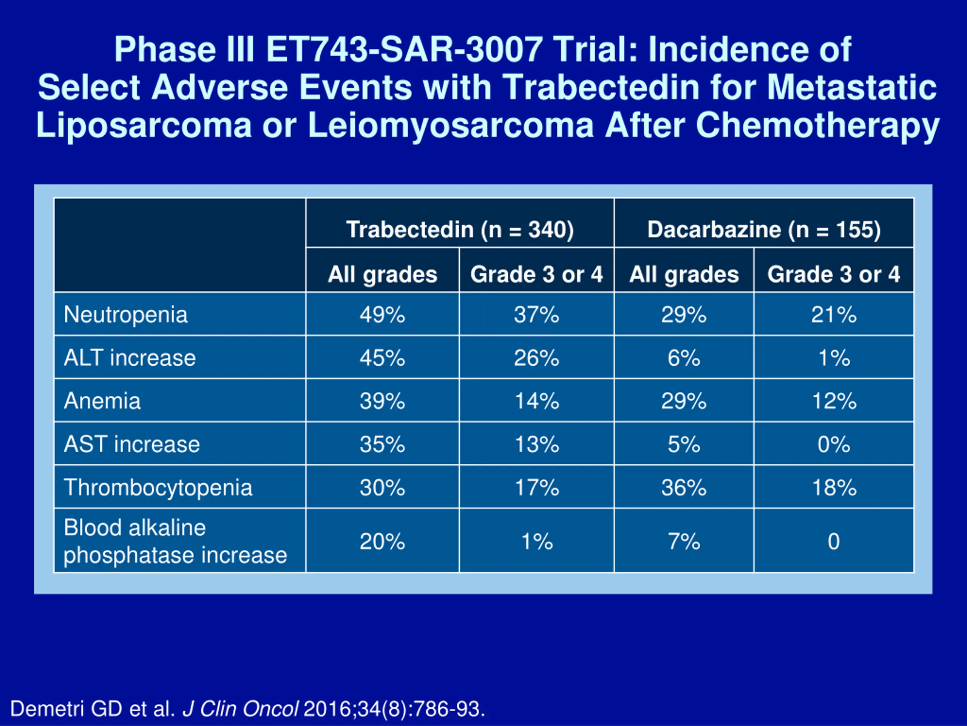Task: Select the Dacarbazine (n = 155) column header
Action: point(764,230)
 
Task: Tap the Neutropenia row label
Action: point(125,315)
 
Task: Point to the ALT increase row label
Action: point(130,358)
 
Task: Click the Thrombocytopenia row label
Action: point(158,487)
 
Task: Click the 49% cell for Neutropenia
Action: point(382,315)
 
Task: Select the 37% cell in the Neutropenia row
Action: point(536,315)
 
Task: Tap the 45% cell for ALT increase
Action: point(382,358)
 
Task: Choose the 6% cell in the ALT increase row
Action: point(684,358)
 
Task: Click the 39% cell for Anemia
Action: point(382,401)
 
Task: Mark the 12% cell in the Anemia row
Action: point(834,401)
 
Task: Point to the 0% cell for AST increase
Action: point(834,444)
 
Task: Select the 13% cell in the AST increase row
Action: point(536,444)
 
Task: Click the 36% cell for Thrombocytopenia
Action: point(684,487)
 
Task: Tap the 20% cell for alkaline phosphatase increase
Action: point(382,541)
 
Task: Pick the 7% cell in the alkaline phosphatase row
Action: point(684,541)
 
